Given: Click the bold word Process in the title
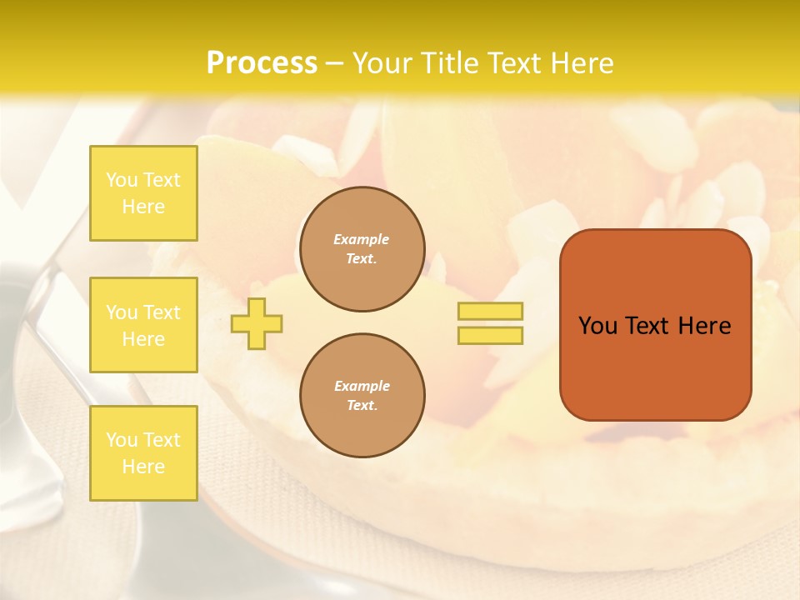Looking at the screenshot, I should point(262,63).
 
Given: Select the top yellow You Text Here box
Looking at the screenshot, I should point(143,193).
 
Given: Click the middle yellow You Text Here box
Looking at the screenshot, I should point(143,325).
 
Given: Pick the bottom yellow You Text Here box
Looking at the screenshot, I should point(143,453).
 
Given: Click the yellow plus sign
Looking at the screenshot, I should point(257,323).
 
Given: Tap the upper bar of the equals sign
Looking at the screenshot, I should point(490,311).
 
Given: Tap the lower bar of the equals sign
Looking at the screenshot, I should point(490,335).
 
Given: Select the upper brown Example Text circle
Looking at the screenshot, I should point(362,249).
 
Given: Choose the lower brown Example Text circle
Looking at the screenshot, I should point(362,396).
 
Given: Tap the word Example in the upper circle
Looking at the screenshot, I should point(362,239).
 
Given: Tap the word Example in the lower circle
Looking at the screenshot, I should point(362,386).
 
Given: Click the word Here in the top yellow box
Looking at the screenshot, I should point(143,207).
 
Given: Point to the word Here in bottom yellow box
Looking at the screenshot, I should point(143,467).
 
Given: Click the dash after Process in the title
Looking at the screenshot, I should point(335,64).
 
